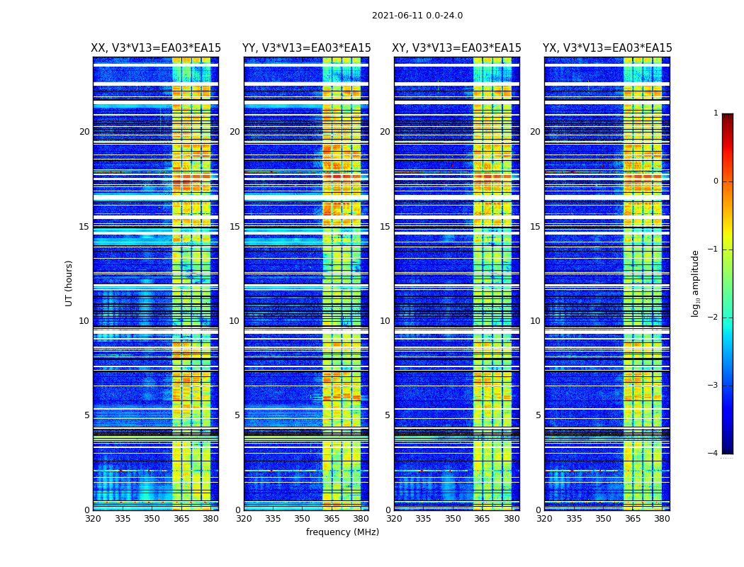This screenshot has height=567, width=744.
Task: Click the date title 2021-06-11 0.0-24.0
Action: pyautogui.click(x=417, y=16)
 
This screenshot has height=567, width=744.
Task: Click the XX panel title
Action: pyautogui.click(x=156, y=48)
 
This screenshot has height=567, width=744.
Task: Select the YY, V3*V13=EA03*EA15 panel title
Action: pyautogui.click(x=306, y=48)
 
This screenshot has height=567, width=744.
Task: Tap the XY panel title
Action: pyautogui.click(x=456, y=48)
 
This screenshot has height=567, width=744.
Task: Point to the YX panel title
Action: pyautogui.click(x=607, y=48)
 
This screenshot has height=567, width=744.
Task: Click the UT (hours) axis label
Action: pyautogui.click(x=69, y=283)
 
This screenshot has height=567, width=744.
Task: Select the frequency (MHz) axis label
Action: pyautogui.click(x=342, y=532)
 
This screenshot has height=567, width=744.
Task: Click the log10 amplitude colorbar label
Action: pyautogui.click(x=696, y=283)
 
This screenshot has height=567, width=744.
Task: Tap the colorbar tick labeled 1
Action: pyautogui.click(x=716, y=113)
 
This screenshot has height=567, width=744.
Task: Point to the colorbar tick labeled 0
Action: pyautogui.click(x=716, y=181)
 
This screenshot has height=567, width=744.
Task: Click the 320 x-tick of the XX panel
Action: pyautogui.click(x=93, y=519)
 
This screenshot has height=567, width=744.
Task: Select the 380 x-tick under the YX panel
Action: pyautogui.click(x=662, y=519)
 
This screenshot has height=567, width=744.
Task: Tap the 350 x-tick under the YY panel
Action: pyautogui.click(x=303, y=519)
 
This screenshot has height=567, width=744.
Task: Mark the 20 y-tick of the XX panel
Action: pyautogui.click(x=84, y=132)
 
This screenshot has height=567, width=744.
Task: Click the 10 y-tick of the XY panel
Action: pyautogui.click(x=385, y=321)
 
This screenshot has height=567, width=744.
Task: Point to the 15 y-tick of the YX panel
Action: pyautogui.click(x=535, y=227)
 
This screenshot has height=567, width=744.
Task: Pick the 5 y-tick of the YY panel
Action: pyautogui.click(x=237, y=415)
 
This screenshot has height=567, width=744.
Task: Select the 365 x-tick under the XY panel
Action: pyautogui.click(x=482, y=519)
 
